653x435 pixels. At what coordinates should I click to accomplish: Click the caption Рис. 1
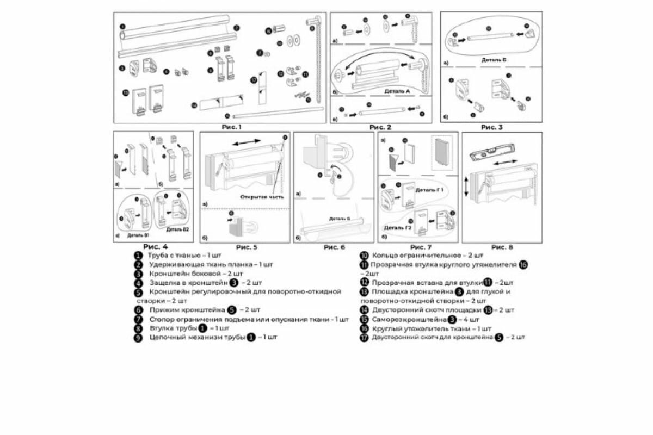click(x=231, y=127)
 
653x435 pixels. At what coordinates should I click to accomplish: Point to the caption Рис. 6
click(x=334, y=247)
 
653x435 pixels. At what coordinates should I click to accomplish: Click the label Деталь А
click(x=397, y=91)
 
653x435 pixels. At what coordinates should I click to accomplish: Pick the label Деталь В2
click(x=178, y=230)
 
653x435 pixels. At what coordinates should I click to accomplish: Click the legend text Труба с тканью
click(x=174, y=255)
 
